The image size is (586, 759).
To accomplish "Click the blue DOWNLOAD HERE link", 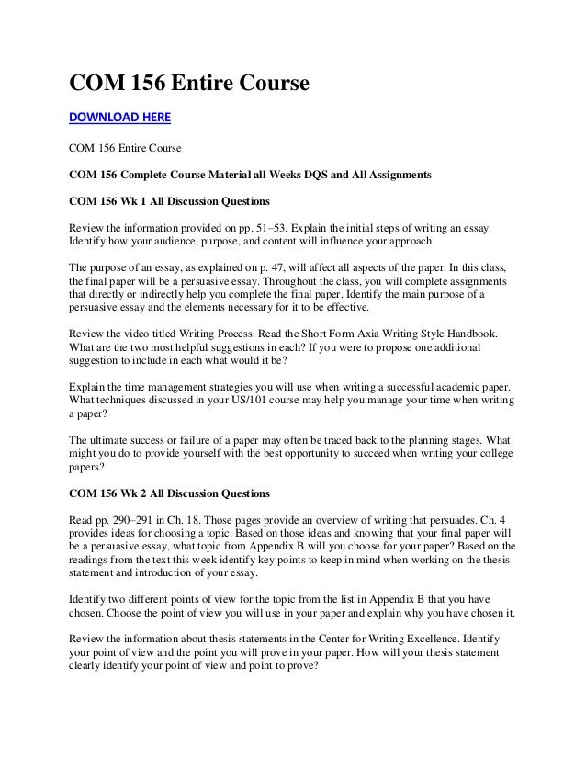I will pos(120,118).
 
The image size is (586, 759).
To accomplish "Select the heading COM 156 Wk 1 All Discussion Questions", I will pos(172,199).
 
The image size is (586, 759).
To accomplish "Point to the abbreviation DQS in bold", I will pos(321,174).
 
